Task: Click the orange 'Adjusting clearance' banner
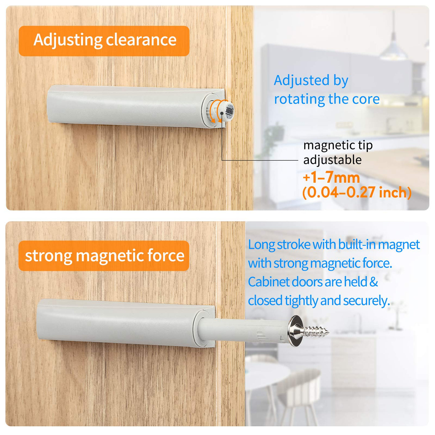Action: [x=104, y=41]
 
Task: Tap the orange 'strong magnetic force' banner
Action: [x=104, y=255]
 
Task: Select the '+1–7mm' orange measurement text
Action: [x=331, y=178]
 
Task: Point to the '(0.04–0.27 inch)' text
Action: [x=357, y=192]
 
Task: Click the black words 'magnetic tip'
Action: [x=338, y=145]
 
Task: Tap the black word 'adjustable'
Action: [x=332, y=160]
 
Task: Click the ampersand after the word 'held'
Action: [x=373, y=282]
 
